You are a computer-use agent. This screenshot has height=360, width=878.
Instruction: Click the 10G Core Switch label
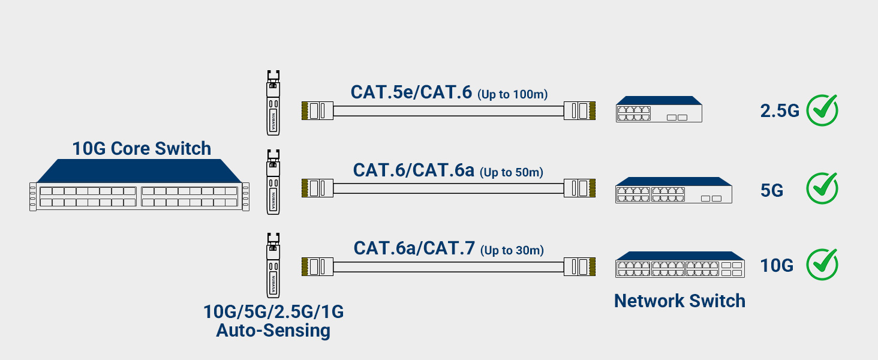coord(142,148)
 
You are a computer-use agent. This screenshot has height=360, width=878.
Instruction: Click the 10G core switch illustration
coord(139,186)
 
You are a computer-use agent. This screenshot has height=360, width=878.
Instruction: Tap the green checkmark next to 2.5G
coord(822,110)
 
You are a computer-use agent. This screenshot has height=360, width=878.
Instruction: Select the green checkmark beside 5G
coord(822,188)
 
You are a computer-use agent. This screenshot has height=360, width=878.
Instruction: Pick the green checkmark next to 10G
coord(822,265)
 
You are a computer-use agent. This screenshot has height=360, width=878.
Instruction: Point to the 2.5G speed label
coord(780,111)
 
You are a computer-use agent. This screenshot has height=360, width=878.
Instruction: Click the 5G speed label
coord(772,190)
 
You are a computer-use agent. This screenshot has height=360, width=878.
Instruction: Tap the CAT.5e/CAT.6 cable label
coord(411,92)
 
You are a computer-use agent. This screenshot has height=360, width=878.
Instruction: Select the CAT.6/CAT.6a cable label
coord(413,170)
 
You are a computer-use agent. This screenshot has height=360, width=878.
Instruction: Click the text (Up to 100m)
coord(513,94)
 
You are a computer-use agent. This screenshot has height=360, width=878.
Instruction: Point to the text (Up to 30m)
coord(512,250)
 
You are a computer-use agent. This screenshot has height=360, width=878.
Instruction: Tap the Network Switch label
coord(679,301)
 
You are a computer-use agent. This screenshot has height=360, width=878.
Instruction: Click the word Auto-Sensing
coord(273,331)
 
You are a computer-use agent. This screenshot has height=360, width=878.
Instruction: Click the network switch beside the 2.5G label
coord(659,109)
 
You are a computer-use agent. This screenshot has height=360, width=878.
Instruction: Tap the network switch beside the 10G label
coord(679,265)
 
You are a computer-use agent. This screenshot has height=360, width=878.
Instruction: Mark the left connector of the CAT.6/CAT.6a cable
coord(317,188)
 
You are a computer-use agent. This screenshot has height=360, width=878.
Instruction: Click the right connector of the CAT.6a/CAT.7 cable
coord(579,266)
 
